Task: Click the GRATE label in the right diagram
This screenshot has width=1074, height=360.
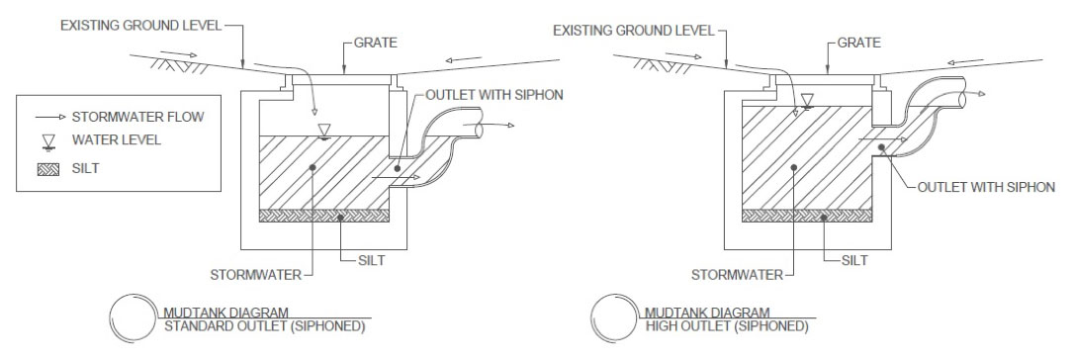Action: [859, 45]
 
